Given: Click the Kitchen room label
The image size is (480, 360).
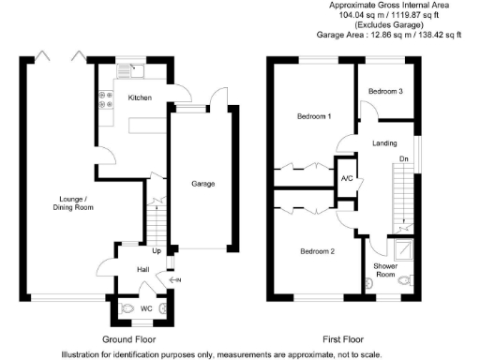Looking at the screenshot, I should pos(140,97).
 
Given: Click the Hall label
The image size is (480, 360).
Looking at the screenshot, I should pos(143,269).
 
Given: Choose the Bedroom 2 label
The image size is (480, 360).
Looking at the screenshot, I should pos(316,251).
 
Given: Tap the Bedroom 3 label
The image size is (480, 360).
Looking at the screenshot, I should pos(385,91).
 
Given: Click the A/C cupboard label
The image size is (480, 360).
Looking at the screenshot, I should pos(346,179).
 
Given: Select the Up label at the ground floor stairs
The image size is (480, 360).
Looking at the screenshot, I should pos(157,251).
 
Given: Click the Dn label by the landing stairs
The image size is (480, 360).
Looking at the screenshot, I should pos(404,159).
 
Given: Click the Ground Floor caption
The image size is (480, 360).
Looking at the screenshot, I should pos(127,338).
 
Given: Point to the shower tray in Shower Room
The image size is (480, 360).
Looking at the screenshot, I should pos(403,248).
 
